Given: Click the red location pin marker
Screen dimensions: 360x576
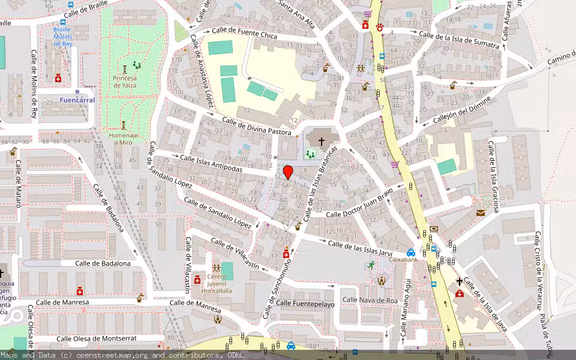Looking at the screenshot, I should [288, 173].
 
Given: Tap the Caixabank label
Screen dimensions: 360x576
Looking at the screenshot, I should [403, 260].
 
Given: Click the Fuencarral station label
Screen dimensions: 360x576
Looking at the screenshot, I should [77, 100].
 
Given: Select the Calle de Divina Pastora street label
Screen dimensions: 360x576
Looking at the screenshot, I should [257, 126].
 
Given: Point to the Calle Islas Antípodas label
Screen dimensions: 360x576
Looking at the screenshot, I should [219, 164].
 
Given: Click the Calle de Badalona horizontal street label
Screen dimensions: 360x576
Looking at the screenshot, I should [103, 263].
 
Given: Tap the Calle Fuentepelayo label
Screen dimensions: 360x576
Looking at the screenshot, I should [305, 304].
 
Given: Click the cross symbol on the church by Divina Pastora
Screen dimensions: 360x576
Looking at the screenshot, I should [322, 142].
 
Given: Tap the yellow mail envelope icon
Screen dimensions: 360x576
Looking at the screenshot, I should [480, 212].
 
